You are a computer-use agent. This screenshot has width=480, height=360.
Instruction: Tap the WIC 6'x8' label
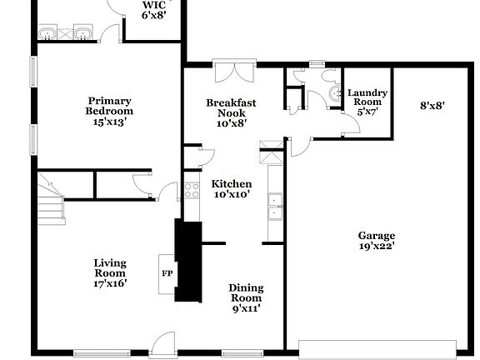tap(154, 9)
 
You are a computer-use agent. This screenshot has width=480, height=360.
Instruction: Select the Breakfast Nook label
tap(231, 112)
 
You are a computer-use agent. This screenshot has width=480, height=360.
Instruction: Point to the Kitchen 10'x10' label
tap(231, 189)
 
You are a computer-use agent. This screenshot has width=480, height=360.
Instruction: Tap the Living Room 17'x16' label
tap(109, 272)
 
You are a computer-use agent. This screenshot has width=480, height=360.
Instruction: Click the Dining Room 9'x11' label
tap(245, 297)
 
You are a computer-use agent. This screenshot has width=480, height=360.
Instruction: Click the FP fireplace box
tap(167, 273)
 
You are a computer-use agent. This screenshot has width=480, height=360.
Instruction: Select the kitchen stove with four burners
tap(192, 189)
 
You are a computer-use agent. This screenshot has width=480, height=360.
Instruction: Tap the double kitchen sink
tap(274, 206)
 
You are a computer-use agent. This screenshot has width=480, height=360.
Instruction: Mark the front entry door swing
tap(163, 342)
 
